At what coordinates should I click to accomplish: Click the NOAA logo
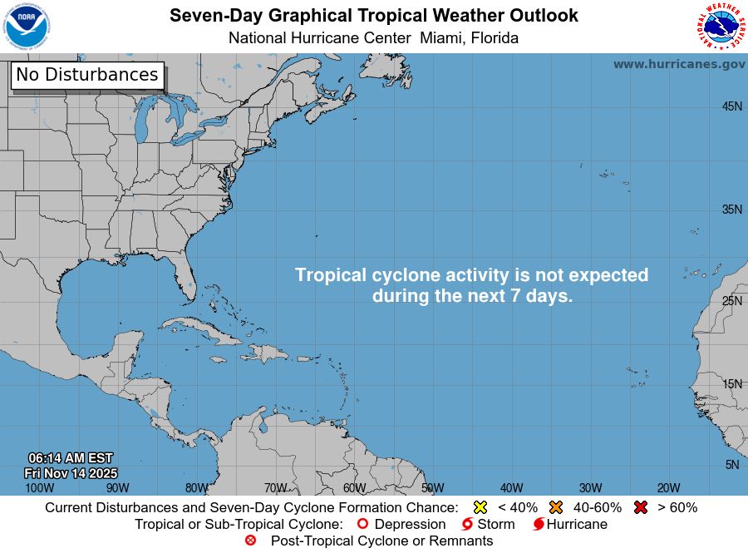click(27, 27)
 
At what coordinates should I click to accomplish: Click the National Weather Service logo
click(720, 27)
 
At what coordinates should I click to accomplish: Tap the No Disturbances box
click(87, 75)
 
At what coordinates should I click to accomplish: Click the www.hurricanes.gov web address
click(679, 64)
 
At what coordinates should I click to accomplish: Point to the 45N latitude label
click(731, 106)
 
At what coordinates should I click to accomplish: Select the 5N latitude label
click(732, 465)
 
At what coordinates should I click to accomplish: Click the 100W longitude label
click(39, 488)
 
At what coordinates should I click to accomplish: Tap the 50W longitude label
click(432, 488)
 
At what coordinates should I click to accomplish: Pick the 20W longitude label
click(669, 488)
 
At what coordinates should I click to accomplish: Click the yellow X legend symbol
click(480, 507)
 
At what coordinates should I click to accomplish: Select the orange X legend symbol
click(556, 507)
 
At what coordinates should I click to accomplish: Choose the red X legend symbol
click(641, 507)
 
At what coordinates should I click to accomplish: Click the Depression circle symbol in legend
click(362, 525)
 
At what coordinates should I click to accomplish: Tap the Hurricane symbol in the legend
click(539, 525)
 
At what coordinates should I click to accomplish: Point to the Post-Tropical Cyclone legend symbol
click(250, 541)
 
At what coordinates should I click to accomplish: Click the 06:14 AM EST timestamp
click(71, 458)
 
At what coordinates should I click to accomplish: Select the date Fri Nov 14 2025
click(71, 472)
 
